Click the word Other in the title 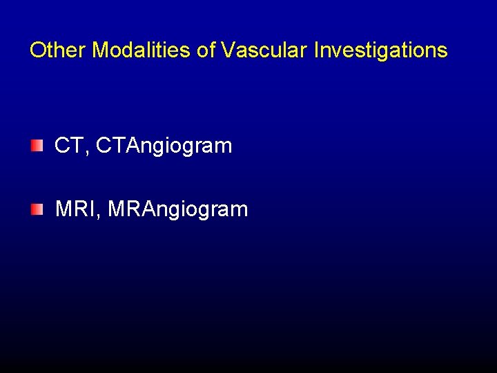click(x=58, y=50)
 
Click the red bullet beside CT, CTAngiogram click(x=36, y=146)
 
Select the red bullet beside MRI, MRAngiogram click(x=36, y=209)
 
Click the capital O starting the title click(x=37, y=50)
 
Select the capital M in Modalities click(x=100, y=50)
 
